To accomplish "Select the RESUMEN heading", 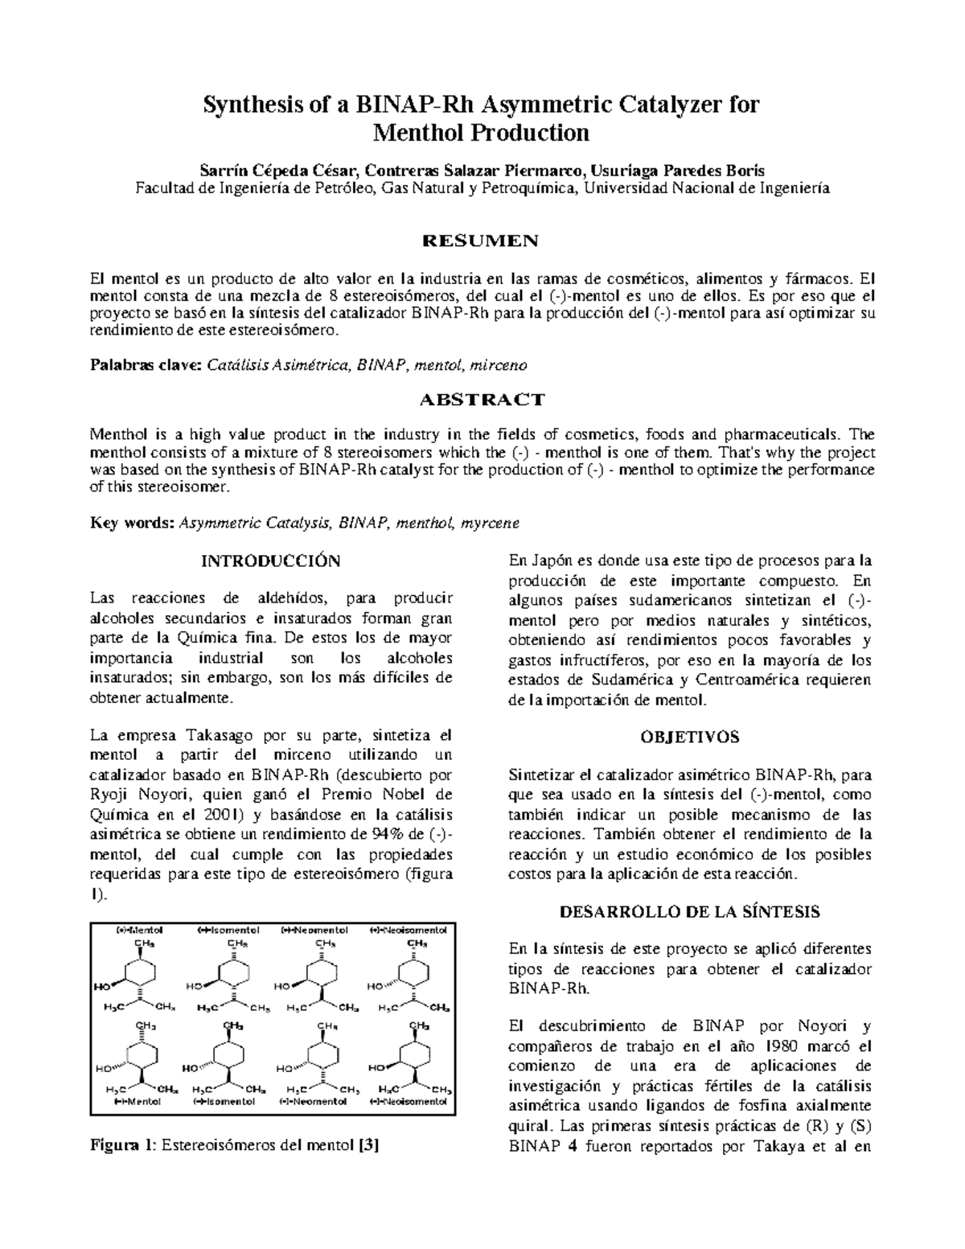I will pyautogui.click(x=481, y=240).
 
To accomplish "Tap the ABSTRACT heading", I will pyautogui.click(x=482, y=400).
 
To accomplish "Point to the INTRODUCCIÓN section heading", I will pyautogui.click(x=270, y=561).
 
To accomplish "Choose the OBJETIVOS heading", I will pyautogui.click(x=690, y=737).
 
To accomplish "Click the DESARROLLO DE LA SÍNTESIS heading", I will pyautogui.click(x=690, y=911).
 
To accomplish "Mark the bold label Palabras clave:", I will pyautogui.click(x=146, y=365).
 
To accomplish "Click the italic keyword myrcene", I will pyautogui.click(x=490, y=523).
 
